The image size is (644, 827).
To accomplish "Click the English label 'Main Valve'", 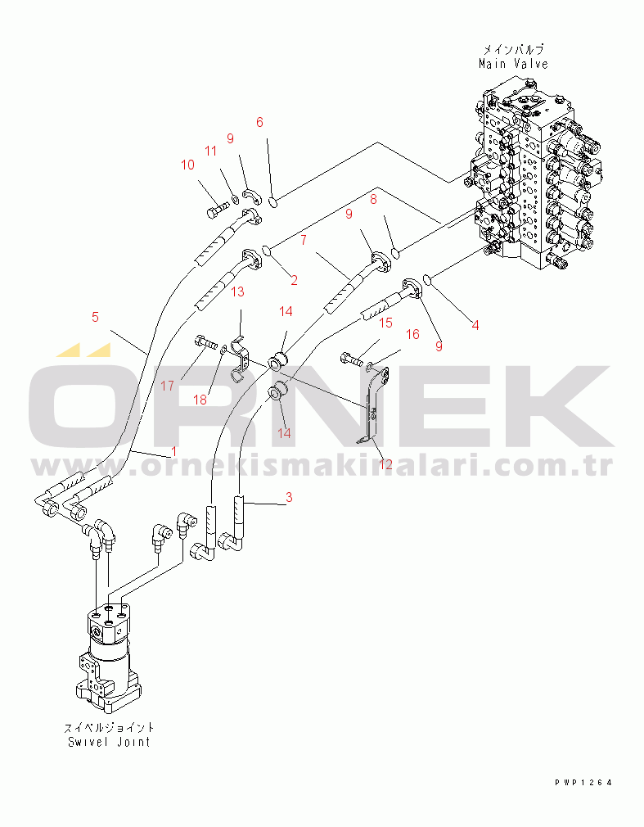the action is click(513, 64).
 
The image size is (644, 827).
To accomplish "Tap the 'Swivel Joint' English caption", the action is click(109, 742).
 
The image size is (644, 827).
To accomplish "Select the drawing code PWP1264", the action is click(583, 783).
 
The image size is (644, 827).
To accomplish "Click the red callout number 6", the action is click(259, 122).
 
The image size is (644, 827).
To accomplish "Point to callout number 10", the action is click(187, 165).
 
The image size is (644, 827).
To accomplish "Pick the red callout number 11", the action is click(211, 151).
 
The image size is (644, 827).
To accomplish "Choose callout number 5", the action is click(95, 317).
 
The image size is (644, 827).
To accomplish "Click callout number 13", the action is click(237, 291).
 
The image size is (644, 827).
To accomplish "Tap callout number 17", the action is click(167, 386).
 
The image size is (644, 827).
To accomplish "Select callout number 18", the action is click(200, 400).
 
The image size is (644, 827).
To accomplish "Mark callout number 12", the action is click(385, 464).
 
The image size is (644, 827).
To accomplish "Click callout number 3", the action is click(289, 497).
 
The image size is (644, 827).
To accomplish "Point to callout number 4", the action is click(475, 325).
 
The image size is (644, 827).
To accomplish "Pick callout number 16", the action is click(412, 334).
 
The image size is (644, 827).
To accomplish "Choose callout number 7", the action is click(304, 240).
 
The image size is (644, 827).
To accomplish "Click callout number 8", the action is click(373, 199).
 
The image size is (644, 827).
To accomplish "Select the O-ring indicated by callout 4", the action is click(428, 279).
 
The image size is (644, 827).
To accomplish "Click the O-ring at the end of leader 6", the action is click(273, 201).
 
